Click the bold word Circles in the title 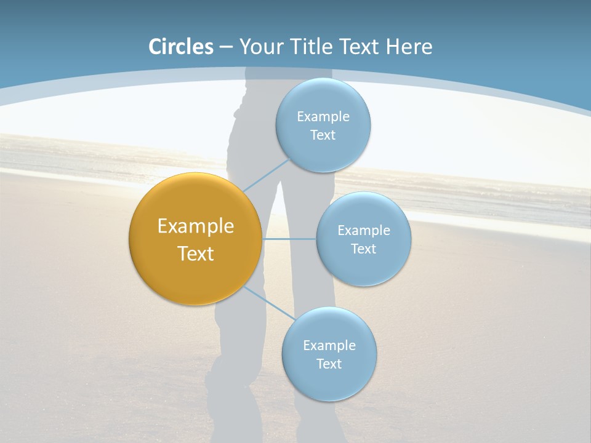pyautogui.click(x=180, y=47)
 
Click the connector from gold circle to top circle pyautogui.click(x=266, y=175)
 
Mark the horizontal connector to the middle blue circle pyautogui.click(x=289, y=239)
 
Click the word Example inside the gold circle pyautogui.click(x=196, y=226)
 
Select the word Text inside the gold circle pyautogui.click(x=196, y=253)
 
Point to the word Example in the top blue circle pyautogui.click(x=323, y=116)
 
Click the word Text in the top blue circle pyautogui.click(x=323, y=135)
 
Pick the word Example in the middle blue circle pyautogui.click(x=364, y=230)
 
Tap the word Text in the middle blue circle pyautogui.click(x=364, y=249)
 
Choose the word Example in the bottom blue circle pyautogui.click(x=329, y=345)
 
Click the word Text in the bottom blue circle pyautogui.click(x=329, y=364)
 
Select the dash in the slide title pyautogui.click(x=226, y=47)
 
